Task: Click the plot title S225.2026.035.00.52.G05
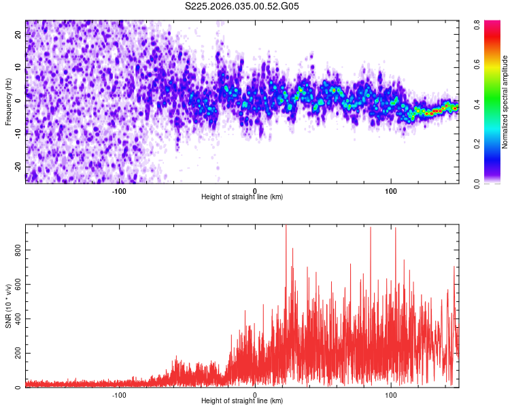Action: pos(243,7)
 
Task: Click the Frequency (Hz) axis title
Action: pos(9,101)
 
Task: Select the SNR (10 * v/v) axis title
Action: pos(9,305)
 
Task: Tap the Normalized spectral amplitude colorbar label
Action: pos(505,102)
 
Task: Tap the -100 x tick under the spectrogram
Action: pos(119,190)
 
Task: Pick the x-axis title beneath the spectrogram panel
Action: pos(242,197)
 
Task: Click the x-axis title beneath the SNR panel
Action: pos(242,401)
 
